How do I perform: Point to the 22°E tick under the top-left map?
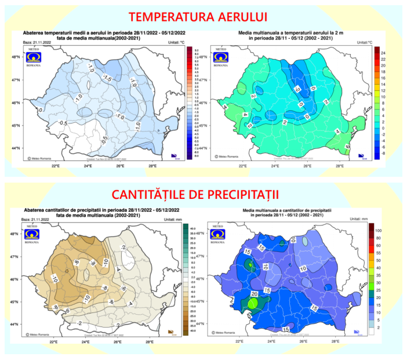(x=56, y=165)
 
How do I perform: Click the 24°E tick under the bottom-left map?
(x=85, y=341)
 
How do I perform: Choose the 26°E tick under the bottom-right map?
(x=303, y=341)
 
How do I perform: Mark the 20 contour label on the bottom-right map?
(x=253, y=294)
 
